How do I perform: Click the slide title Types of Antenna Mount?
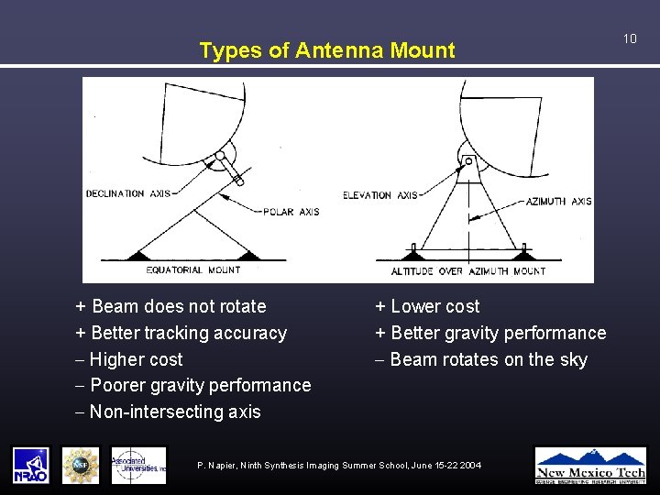[326, 50]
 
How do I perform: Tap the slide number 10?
[630, 38]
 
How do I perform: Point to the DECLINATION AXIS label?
[127, 193]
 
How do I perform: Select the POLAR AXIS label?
[291, 212]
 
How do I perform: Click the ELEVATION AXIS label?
[379, 195]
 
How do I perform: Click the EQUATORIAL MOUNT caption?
[193, 270]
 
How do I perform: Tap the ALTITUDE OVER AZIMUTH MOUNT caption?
[467, 271]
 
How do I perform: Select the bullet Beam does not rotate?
[170, 306]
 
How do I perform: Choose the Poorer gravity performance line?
[192, 385]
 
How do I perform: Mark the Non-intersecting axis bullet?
[168, 412]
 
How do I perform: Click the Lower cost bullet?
[427, 306]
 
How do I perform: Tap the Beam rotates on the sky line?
[481, 359]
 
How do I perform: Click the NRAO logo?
[30, 465]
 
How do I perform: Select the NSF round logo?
[80, 465]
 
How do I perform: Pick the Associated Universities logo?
[138, 465]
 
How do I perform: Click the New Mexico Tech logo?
[590, 465]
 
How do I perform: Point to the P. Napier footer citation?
[339, 466]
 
